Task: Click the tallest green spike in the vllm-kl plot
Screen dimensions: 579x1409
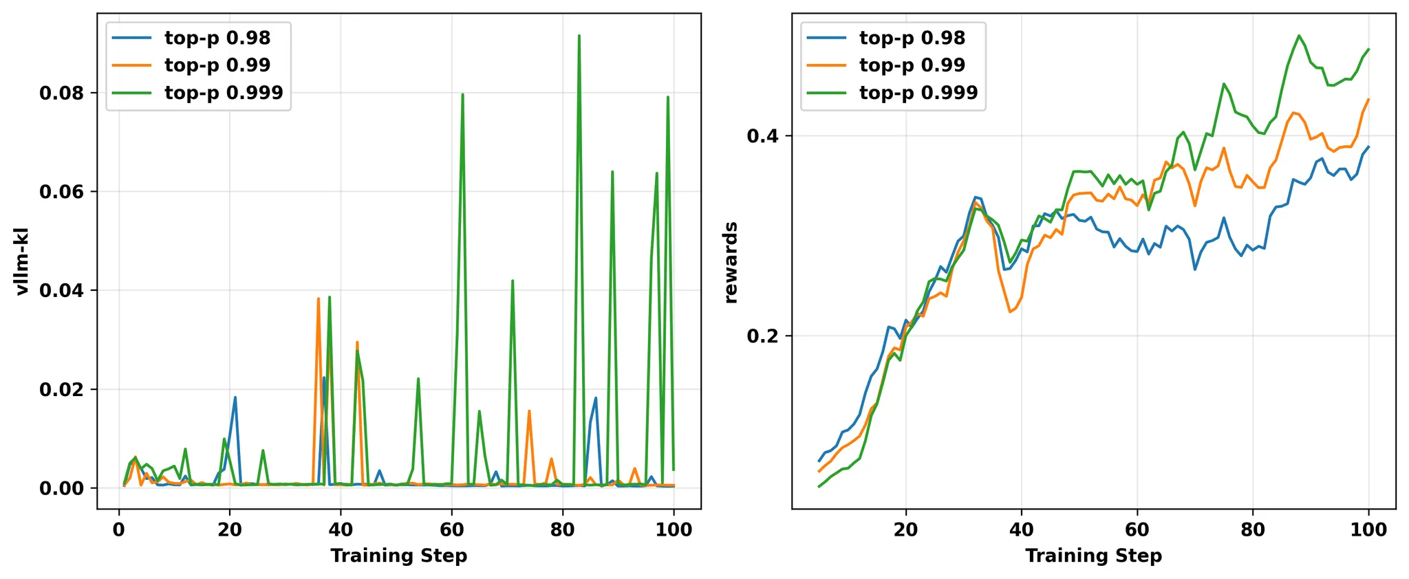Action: (579, 36)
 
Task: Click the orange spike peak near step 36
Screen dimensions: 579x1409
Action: (318, 298)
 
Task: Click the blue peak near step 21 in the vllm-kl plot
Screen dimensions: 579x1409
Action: (235, 397)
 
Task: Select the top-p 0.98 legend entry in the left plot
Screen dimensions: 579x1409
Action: (217, 38)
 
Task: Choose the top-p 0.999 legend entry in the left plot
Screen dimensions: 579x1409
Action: (224, 93)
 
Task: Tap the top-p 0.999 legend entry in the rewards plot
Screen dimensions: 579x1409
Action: (918, 93)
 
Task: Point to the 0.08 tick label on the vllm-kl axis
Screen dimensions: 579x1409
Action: (62, 93)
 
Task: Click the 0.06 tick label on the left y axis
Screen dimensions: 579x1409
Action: (62, 192)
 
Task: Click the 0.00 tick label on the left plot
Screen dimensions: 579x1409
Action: (62, 488)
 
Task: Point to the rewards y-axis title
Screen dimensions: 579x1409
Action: (731, 263)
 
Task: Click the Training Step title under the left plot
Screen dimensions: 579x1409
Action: (399, 556)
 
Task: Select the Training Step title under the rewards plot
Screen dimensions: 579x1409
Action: (1094, 556)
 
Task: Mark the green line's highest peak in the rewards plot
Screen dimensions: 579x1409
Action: (1299, 36)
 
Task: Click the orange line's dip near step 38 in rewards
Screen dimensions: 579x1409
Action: (1010, 312)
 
